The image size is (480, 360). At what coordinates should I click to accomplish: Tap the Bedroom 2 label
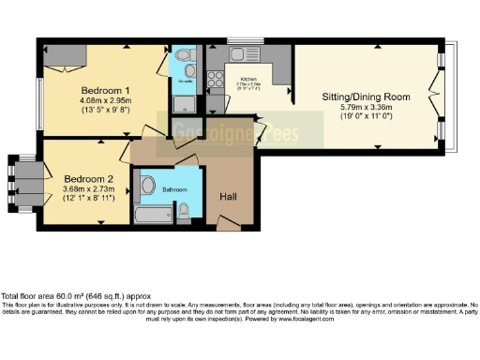[x=89, y=178]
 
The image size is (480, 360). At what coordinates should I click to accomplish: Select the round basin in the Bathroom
[x=147, y=187]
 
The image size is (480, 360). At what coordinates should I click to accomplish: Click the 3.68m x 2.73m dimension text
[x=89, y=188]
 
